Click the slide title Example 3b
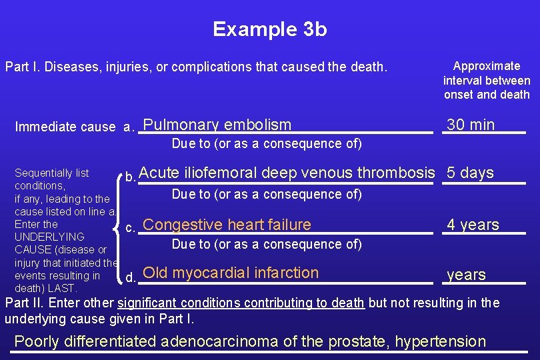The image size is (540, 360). pyautogui.click(x=269, y=29)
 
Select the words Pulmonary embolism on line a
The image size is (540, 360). pyautogui.click(x=217, y=125)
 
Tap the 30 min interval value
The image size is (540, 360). pyautogui.click(x=471, y=125)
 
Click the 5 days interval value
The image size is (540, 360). pyautogui.click(x=470, y=173)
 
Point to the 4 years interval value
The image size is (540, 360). pyautogui.click(x=473, y=225)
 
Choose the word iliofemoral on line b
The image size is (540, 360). pyautogui.click(x=221, y=173)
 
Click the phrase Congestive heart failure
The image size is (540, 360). pyautogui.click(x=227, y=225)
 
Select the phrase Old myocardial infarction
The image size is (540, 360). pyautogui.click(x=231, y=273)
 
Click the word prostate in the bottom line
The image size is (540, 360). pyautogui.click(x=357, y=341)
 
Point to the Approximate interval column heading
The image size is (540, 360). pyautogui.click(x=487, y=80)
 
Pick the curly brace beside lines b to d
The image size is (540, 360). pyautogui.click(x=121, y=227)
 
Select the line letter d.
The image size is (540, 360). pyautogui.click(x=131, y=275)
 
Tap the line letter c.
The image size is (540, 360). pyautogui.click(x=131, y=227)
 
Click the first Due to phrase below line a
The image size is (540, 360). pyautogui.click(x=267, y=143)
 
